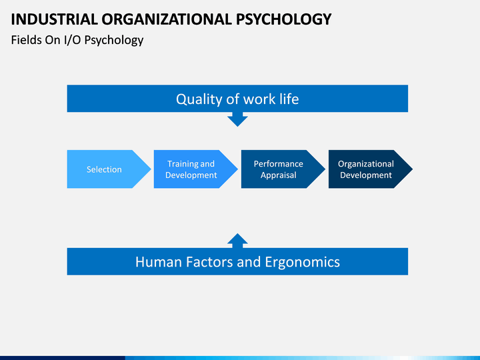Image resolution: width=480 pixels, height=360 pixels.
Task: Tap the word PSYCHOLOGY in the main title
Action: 288,19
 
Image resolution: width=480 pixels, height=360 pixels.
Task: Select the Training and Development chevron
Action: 191,169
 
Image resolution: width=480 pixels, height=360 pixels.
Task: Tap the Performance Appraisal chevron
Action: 279,169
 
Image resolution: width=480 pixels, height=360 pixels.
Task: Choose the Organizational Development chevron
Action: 366,169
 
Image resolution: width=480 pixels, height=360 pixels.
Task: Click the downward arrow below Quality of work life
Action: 237,119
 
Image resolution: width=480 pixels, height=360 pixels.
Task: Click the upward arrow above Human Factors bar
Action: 237,240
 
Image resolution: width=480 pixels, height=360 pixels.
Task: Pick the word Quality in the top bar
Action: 197,99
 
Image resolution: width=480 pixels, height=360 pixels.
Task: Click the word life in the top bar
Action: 287,99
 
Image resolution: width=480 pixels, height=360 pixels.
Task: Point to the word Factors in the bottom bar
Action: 209,262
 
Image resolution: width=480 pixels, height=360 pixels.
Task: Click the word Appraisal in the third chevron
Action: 278,175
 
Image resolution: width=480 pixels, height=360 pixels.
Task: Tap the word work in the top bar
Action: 259,99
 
